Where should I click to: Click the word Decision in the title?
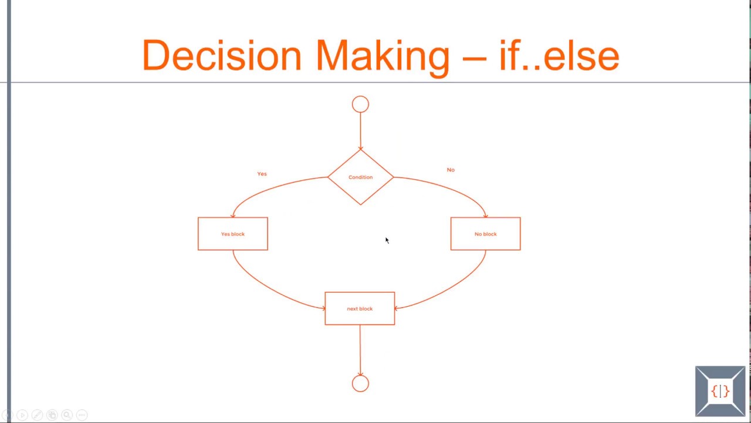tap(222, 56)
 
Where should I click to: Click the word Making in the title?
tap(382, 56)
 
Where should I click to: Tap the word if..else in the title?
tap(559, 56)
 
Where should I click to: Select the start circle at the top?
tap(360, 105)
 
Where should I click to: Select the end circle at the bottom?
tap(360, 384)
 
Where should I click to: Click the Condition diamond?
tap(360, 177)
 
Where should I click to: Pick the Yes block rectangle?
tap(233, 234)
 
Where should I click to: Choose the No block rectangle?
tap(485, 234)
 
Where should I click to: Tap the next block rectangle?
tap(360, 308)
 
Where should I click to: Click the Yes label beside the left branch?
tap(262, 174)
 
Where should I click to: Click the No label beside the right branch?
tap(451, 170)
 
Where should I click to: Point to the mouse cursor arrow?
tap(387, 240)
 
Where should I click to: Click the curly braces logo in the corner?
tap(720, 391)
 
